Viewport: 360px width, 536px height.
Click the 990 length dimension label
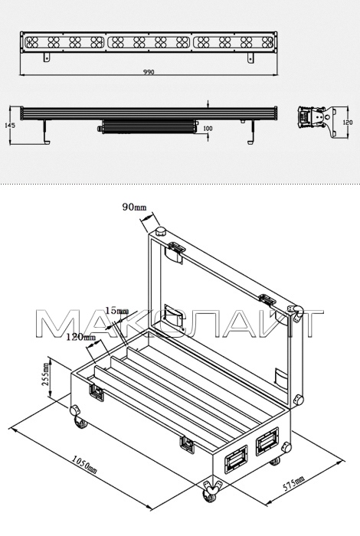click(149, 72)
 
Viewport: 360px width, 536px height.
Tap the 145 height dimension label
click(10, 126)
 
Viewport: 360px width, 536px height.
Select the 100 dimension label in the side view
click(208, 129)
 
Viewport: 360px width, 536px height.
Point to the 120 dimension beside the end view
click(348, 122)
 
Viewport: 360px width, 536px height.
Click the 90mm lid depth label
click(134, 207)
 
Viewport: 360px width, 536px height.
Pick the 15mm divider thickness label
click(116, 311)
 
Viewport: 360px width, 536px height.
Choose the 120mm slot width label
click(81, 338)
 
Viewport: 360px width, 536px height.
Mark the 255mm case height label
click(45, 374)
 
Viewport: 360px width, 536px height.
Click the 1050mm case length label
click(84, 466)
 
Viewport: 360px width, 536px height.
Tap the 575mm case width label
click(293, 482)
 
